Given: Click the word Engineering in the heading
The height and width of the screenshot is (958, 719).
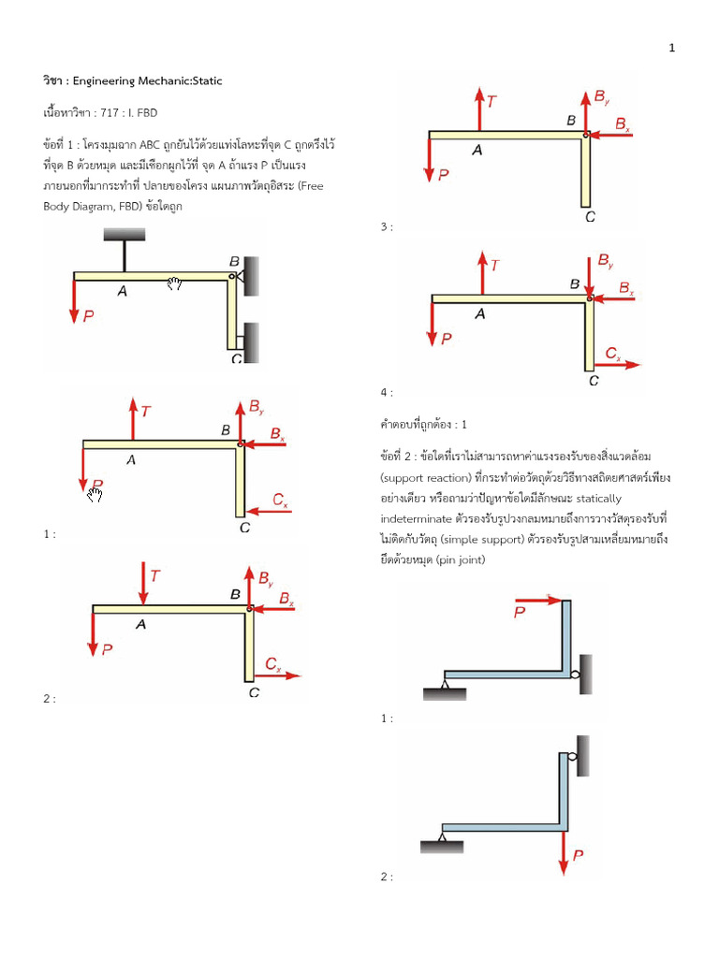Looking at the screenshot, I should click(x=130, y=80).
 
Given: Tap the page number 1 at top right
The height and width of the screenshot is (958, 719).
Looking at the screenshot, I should click(x=672, y=49).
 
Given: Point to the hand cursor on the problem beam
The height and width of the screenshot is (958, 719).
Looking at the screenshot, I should click(x=174, y=283).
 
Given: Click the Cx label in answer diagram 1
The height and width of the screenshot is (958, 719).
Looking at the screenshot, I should click(x=281, y=501).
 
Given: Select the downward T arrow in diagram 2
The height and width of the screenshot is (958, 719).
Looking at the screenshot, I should click(x=142, y=584).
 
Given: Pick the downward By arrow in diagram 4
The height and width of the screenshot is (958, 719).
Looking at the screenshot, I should click(x=589, y=275).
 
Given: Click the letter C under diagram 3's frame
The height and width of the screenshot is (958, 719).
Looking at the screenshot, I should click(x=589, y=217).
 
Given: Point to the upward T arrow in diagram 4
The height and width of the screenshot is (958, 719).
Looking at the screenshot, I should click(x=480, y=273).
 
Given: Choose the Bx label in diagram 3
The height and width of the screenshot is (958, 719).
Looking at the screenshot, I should click(x=623, y=123).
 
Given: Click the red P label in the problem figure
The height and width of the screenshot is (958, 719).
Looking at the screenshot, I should click(x=89, y=316).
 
